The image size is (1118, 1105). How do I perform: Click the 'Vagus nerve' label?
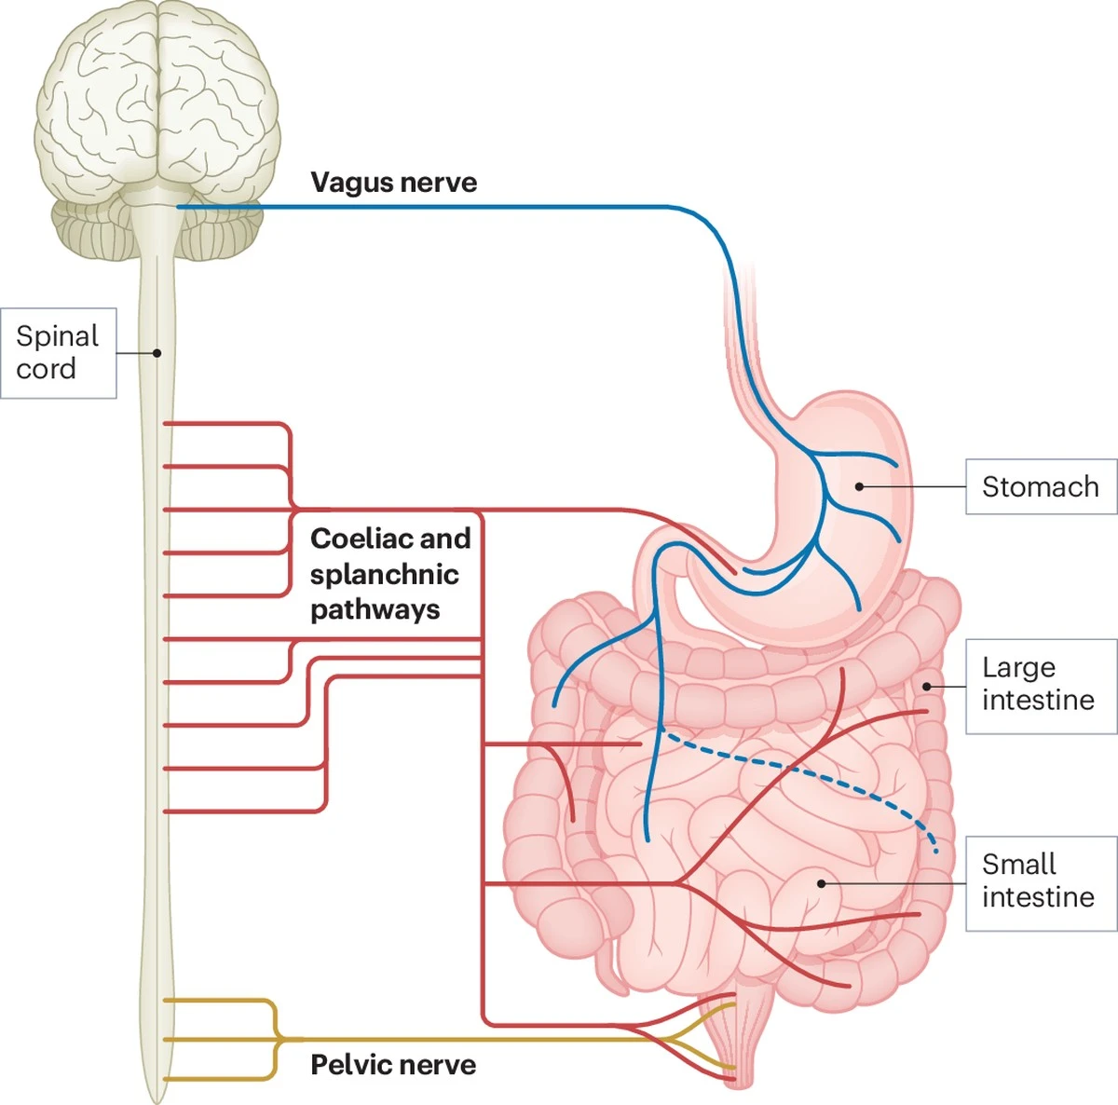click(x=393, y=183)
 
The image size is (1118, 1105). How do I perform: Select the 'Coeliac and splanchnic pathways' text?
click(x=389, y=574)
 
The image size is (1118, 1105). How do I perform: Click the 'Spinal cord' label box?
click(x=58, y=353)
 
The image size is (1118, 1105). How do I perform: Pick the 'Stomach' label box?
click(x=1042, y=486)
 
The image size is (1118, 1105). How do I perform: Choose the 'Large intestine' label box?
click(x=1042, y=687)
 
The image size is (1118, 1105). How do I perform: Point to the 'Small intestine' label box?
click(x=1042, y=884)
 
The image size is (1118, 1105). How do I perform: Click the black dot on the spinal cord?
click(x=157, y=353)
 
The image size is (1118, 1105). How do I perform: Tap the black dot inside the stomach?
click(x=860, y=486)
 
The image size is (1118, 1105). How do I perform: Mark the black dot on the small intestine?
click(x=822, y=884)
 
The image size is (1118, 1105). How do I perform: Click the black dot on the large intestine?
click(x=927, y=687)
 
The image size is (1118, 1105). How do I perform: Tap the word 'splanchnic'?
click(x=385, y=575)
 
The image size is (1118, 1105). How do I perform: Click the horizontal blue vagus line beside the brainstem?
click(x=424, y=206)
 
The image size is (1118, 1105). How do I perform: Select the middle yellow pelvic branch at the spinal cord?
click(x=222, y=1040)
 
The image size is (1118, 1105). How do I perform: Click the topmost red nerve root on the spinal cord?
click(x=226, y=424)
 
